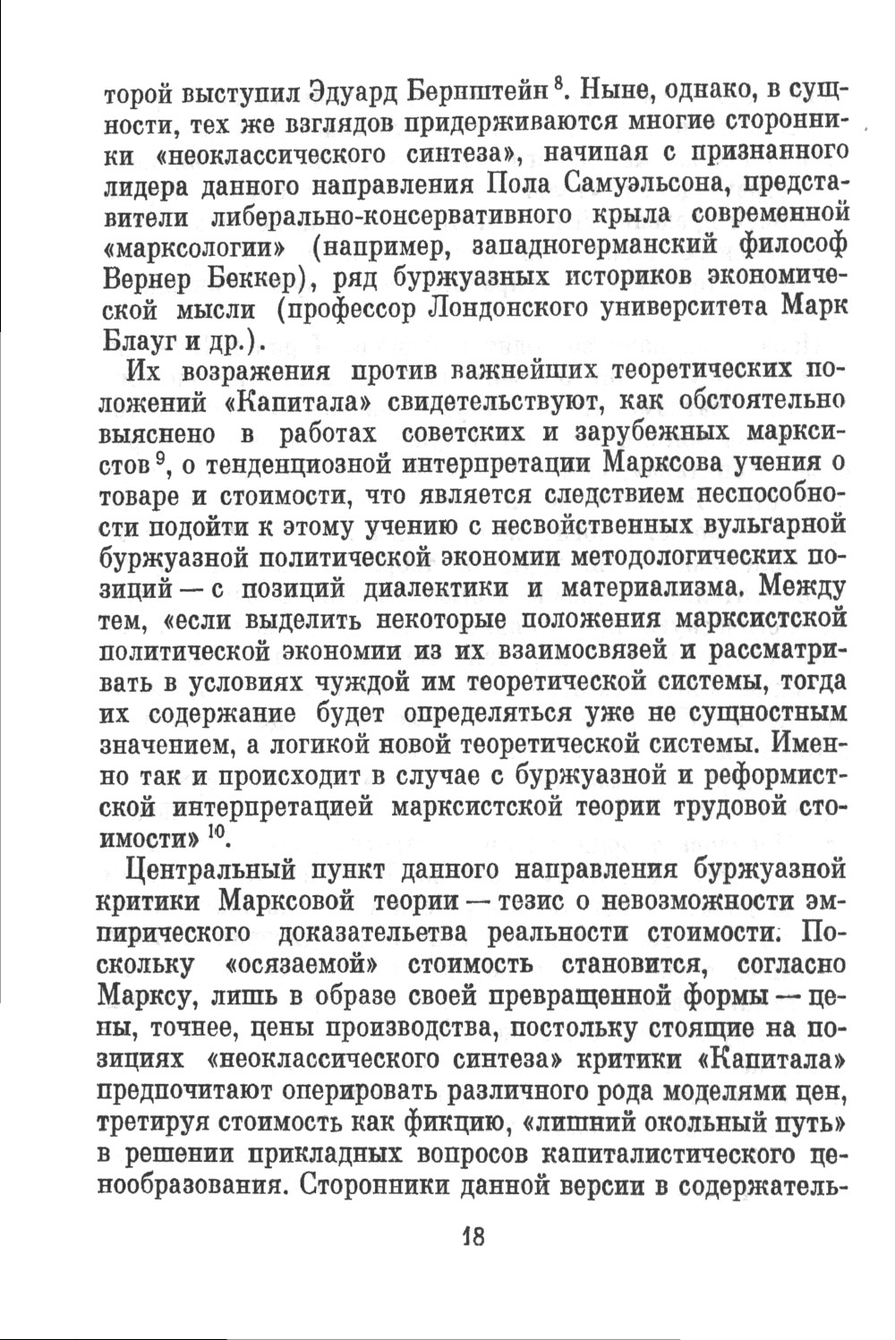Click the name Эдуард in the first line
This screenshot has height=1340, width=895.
(343, 92)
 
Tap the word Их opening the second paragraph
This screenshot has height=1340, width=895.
(149, 371)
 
